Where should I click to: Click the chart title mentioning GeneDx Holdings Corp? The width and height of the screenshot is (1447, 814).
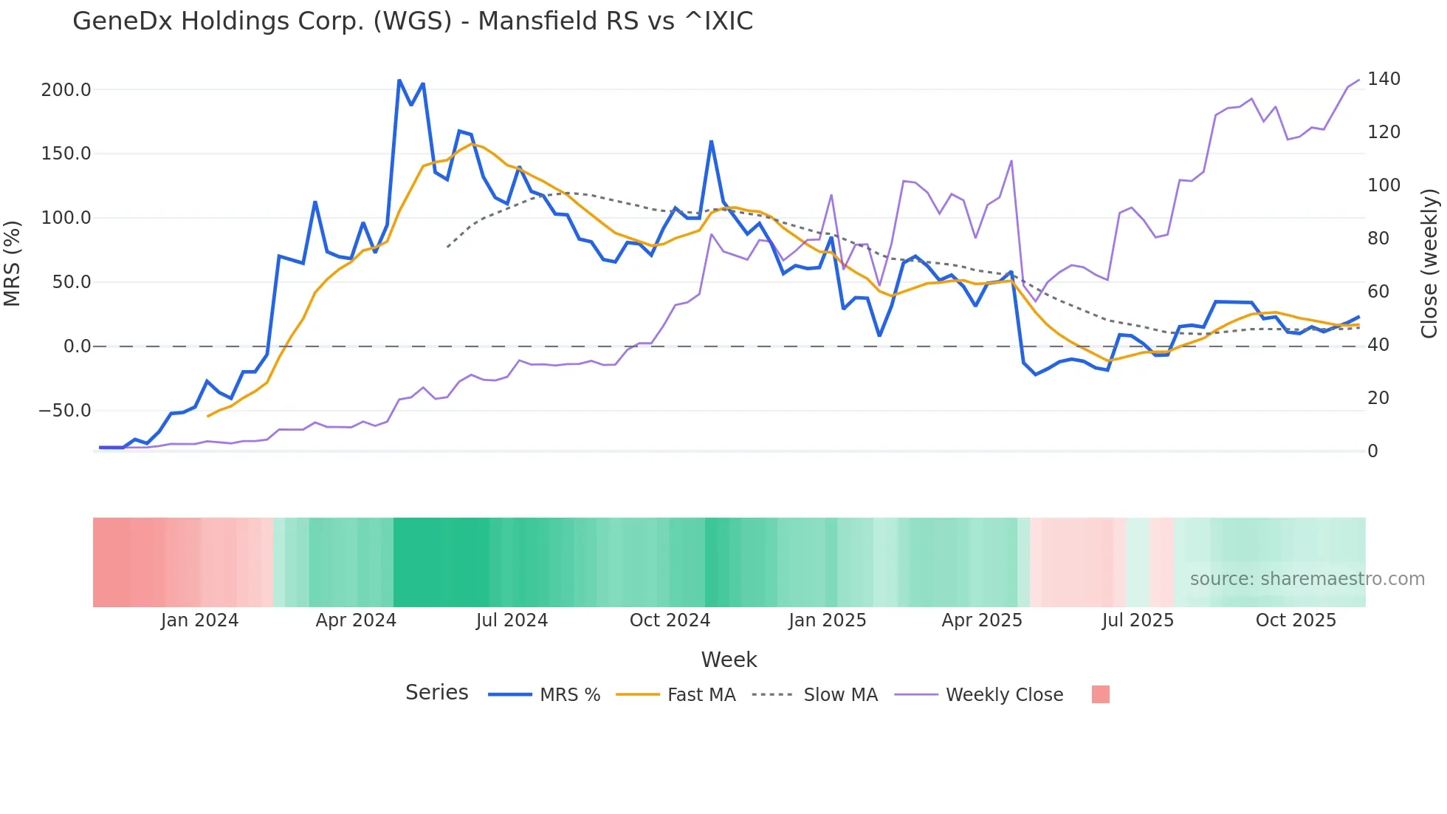[413, 21]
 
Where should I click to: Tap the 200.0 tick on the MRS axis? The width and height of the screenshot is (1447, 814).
[66, 90]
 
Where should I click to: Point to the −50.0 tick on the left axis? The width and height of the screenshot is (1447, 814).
[64, 411]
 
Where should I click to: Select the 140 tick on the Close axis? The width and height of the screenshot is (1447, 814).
[1384, 79]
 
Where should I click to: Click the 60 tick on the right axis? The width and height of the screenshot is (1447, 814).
[1378, 292]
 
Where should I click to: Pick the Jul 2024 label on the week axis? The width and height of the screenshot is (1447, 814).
[512, 620]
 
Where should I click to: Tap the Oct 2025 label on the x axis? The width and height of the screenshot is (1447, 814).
[1296, 620]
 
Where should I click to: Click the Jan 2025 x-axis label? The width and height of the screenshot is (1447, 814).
[827, 620]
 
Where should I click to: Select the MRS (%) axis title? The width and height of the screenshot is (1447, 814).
[13, 264]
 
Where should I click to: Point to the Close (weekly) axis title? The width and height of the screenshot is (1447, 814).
[1429, 264]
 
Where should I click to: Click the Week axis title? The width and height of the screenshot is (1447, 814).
[729, 660]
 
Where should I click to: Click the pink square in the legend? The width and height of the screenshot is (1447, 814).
[1100, 694]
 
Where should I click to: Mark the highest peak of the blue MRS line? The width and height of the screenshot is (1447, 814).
[399, 80]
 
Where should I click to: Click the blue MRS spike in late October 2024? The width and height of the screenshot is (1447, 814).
[711, 141]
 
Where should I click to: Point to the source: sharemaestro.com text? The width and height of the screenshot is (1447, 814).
[1307, 579]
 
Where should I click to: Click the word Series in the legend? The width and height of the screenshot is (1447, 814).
[436, 693]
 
